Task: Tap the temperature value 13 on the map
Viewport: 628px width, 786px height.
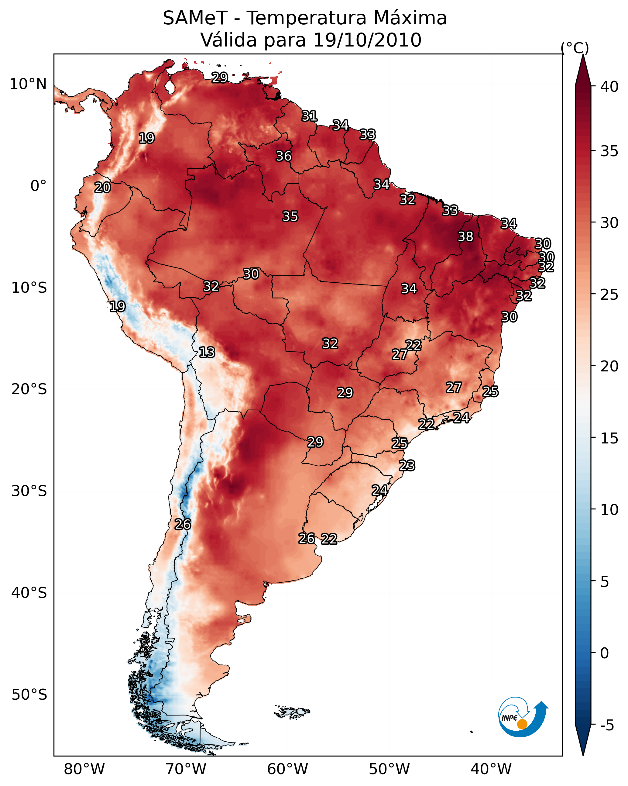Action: (207, 353)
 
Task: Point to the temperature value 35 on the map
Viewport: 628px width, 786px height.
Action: (290, 216)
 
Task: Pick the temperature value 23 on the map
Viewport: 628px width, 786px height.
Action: (407, 466)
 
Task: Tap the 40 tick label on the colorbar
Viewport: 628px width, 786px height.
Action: (609, 87)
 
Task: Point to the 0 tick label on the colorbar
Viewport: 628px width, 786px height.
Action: (605, 653)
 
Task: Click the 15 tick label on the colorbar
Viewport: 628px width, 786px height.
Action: (609, 438)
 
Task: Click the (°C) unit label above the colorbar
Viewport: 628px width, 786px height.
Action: (575, 48)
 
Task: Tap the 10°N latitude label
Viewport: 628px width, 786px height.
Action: (28, 84)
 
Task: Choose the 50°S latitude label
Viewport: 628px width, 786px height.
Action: (29, 695)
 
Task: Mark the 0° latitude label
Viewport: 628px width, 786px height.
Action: (38, 186)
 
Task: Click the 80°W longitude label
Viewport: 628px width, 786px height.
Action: (84, 769)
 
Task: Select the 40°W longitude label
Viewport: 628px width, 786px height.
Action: (491, 769)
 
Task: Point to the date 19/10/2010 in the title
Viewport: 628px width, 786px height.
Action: (367, 40)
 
